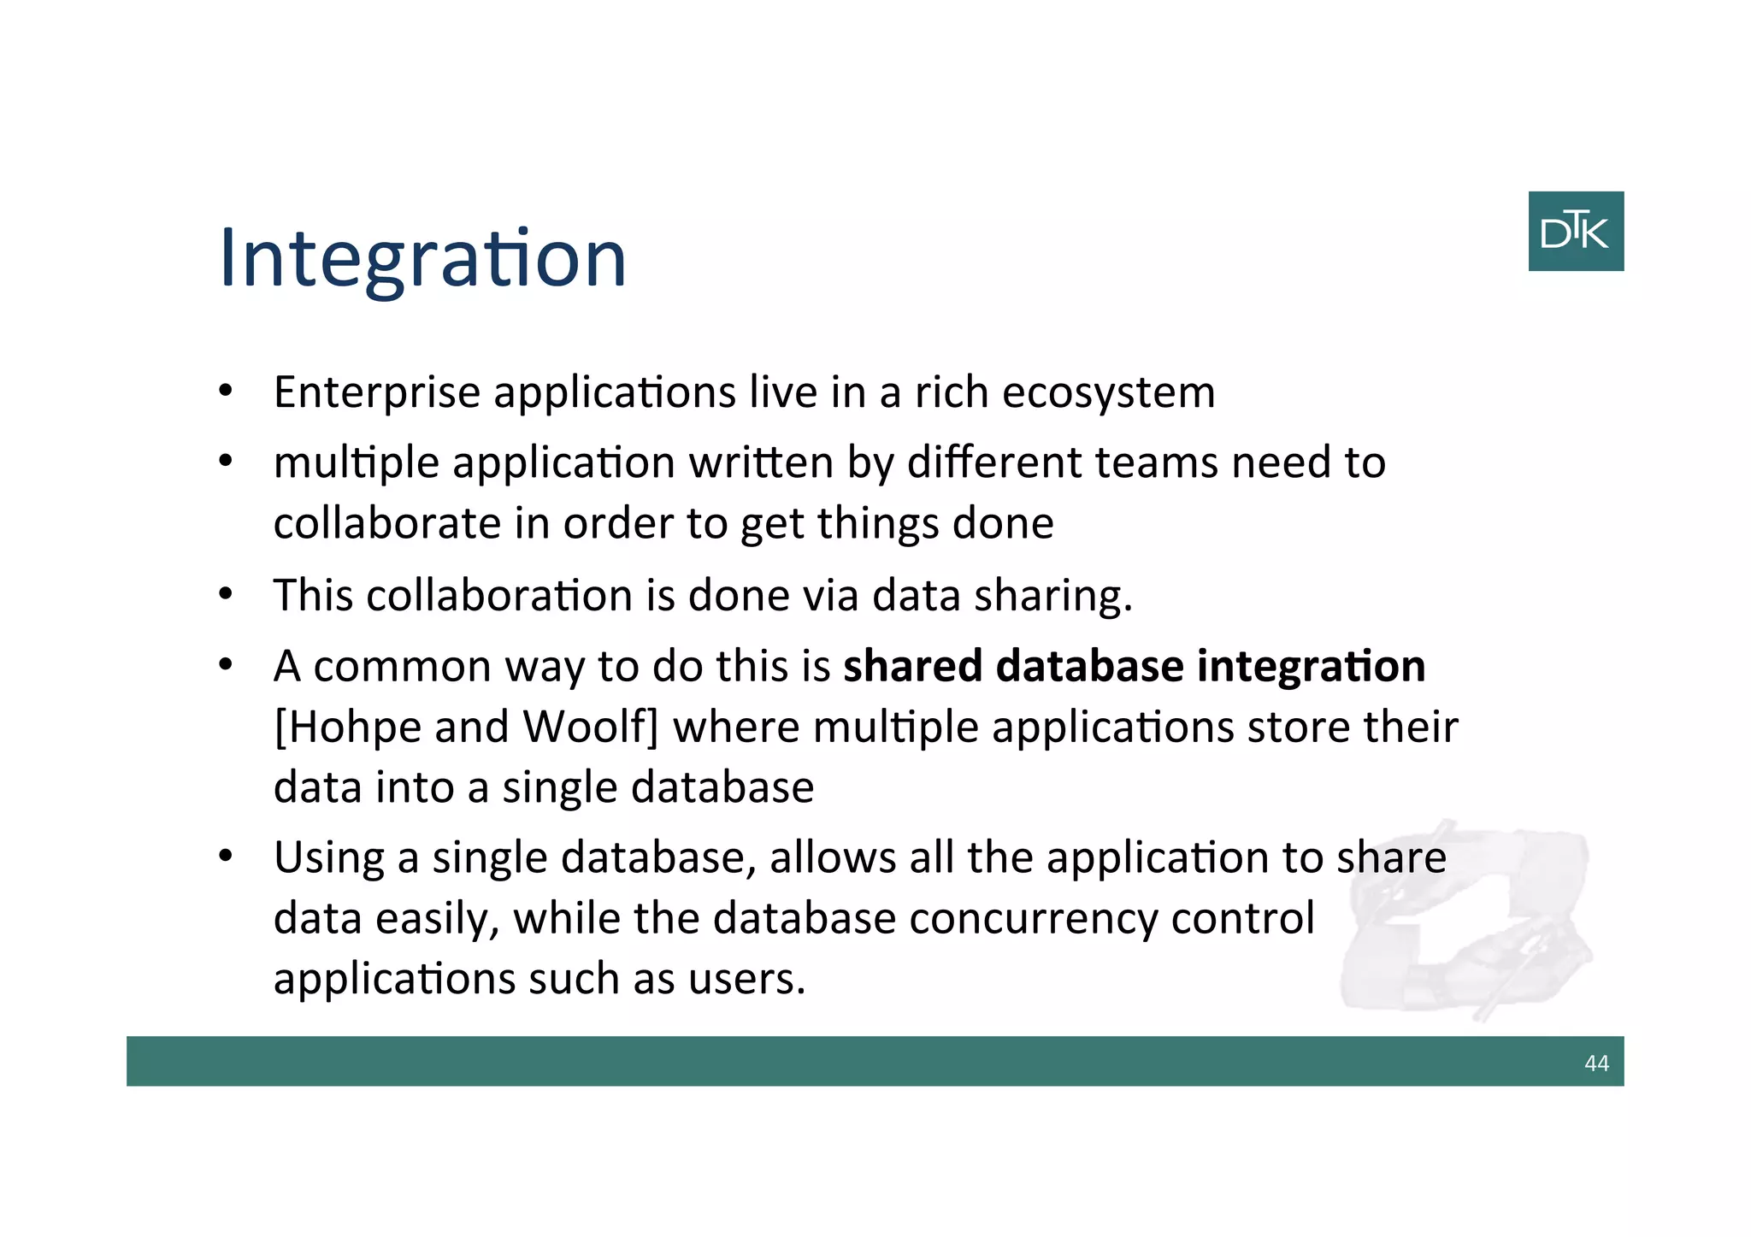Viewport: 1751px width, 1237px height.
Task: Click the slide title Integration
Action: pos(422,258)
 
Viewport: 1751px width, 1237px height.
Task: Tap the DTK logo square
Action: pos(1575,231)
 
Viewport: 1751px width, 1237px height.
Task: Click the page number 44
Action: pos(1595,1063)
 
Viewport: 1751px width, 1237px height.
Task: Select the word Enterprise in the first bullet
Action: pos(376,392)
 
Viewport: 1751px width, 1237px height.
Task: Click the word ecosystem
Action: pos(1108,392)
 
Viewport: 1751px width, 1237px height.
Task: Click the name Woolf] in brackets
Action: pos(590,727)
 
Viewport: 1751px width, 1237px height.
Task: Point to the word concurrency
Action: pos(1033,918)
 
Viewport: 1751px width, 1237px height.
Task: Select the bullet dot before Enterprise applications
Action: pos(226,392)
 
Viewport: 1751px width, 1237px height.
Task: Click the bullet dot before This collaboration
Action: pos(226,594)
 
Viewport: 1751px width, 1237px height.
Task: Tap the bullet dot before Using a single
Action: pos(226,856)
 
